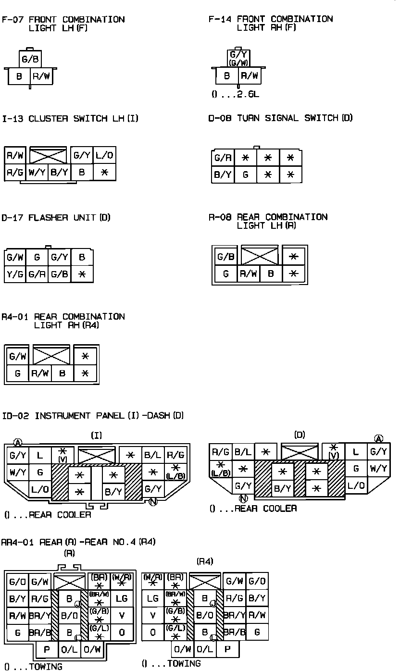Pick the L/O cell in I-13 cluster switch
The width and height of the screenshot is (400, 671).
pyautogui.click(x=104, y=156)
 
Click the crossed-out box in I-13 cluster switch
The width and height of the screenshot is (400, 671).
pyautogui.click(x=48, y=155)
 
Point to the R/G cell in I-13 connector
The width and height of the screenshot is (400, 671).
pyautogui.click(x=14, y=172)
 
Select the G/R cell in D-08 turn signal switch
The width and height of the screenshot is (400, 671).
pyautogui.click(x=223, y=158)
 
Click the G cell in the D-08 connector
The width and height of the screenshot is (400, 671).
pyautogui.click(x=245, y=174)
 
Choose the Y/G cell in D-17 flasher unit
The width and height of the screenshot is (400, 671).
pyautogui.click(x=14, y=274)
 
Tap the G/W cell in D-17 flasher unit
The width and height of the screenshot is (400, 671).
pyautogui.click(x=14, y=257)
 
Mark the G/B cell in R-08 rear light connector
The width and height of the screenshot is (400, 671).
pyautogui.click(x=226, y=257)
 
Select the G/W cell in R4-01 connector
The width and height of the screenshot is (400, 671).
pyautogui.click(x=18, y=356)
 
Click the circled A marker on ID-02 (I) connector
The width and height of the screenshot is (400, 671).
pyautogui.click(x=18, y=442)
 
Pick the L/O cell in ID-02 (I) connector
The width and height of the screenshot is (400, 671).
pyautogui.click(x=39, y=489)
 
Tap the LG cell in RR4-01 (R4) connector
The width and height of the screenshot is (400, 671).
pyautogui.click(x=153, y=598)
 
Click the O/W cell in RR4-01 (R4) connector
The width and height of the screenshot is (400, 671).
pyautogui.click(x=183, y=649)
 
